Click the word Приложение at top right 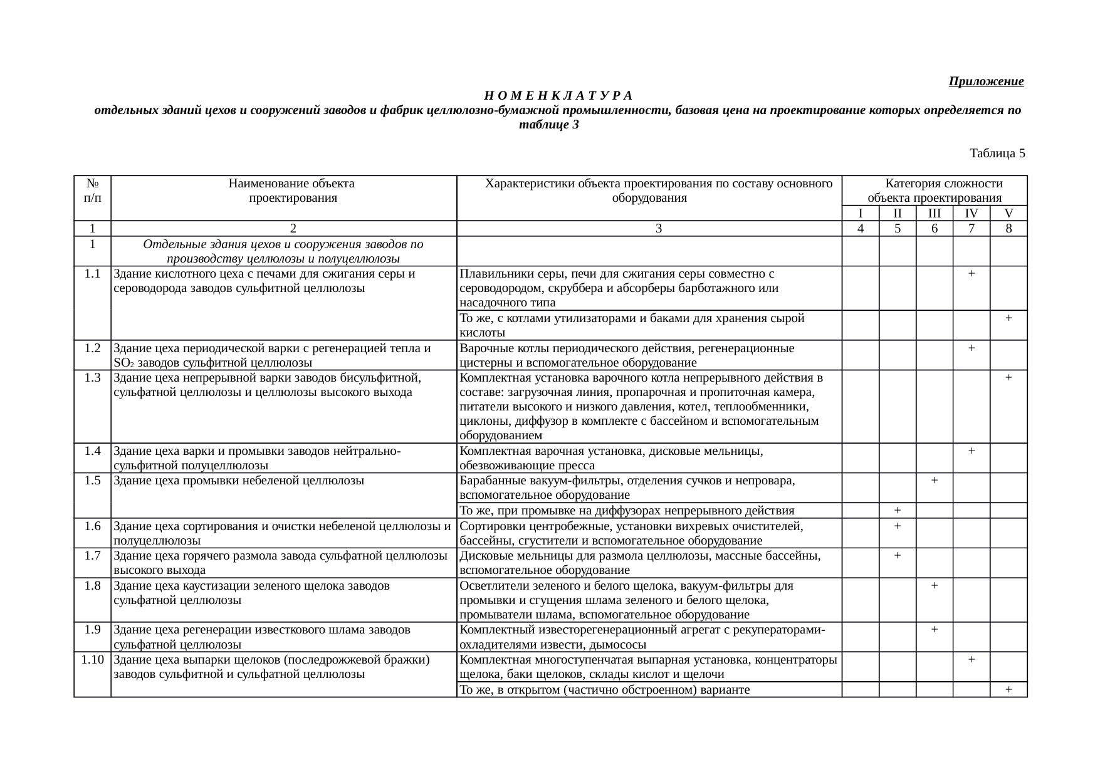click(986, 81)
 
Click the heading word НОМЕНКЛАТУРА click(558, 96)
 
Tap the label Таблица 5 click(997, 153)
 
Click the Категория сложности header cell click(934, 190)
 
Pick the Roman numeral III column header click(934, 213)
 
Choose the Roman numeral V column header click(1008, 213)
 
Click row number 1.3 click(93, 378)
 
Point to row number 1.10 click(93, 660)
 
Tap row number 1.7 click(93, 556)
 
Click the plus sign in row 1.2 click(971, 348)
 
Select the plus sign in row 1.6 click(897, 526)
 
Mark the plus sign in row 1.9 click(934, 630)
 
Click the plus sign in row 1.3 click(1008, 378)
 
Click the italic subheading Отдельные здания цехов click(283, 251)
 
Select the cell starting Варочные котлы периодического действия click(627, 355)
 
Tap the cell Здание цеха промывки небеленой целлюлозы click(239, 481)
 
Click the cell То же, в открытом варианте click(605, 690)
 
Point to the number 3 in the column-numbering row click(658, 229)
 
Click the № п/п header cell click(93, 191)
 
